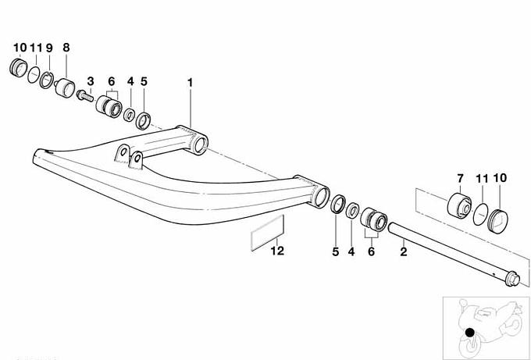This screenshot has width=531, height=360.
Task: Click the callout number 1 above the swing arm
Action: tap(190, 83)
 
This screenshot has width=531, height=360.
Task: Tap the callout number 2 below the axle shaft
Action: tap(404, 251)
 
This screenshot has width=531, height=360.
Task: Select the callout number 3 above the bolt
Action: tap(90, 81)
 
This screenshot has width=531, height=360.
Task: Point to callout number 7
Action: tap(460, 178)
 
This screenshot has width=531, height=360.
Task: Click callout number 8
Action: tap(66, 48)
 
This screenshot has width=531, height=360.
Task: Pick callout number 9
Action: tap(49, 48)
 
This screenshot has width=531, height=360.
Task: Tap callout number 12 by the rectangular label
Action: tap(277, 251)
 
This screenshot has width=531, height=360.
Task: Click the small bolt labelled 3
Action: tap(85, 95)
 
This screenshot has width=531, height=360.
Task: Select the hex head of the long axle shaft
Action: tap(512, 279)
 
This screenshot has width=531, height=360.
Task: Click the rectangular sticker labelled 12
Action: tap(267, 233)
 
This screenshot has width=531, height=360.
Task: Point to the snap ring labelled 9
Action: tap(46, 80)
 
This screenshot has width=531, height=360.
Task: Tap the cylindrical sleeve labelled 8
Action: tap(65, 87)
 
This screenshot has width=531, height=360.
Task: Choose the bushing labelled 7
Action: tap(459, 206)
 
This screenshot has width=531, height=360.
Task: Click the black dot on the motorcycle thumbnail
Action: tap(470, 333)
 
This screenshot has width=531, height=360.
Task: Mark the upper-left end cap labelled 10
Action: tap(18, 68)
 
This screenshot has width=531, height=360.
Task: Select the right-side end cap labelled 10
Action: tap(498, 220)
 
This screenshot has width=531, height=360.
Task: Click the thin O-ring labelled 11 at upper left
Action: tap(34, 74)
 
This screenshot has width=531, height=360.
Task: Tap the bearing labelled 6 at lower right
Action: tap(373, 219)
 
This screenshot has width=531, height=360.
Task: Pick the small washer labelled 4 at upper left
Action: tap(130, 115)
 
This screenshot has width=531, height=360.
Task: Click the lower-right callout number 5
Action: tap(335, 252)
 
